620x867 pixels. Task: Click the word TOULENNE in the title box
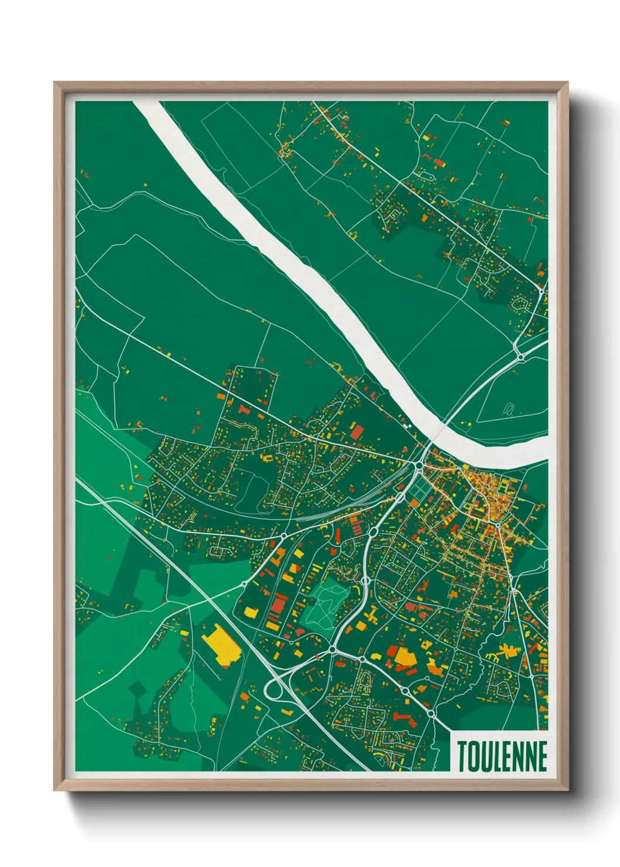click(x=502, y=756)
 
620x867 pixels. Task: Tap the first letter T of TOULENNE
click(x=462, y=756)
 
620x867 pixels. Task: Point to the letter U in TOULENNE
click(x=485, y=756)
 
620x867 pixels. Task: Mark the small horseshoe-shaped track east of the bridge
click(x=508, y=409)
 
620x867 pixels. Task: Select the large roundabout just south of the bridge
click(x=419, y=466)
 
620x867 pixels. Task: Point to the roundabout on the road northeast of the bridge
click(x=519, y=356)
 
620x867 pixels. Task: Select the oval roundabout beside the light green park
click(x=364, y=581)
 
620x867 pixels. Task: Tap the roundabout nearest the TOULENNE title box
click(x=431, y=714)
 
